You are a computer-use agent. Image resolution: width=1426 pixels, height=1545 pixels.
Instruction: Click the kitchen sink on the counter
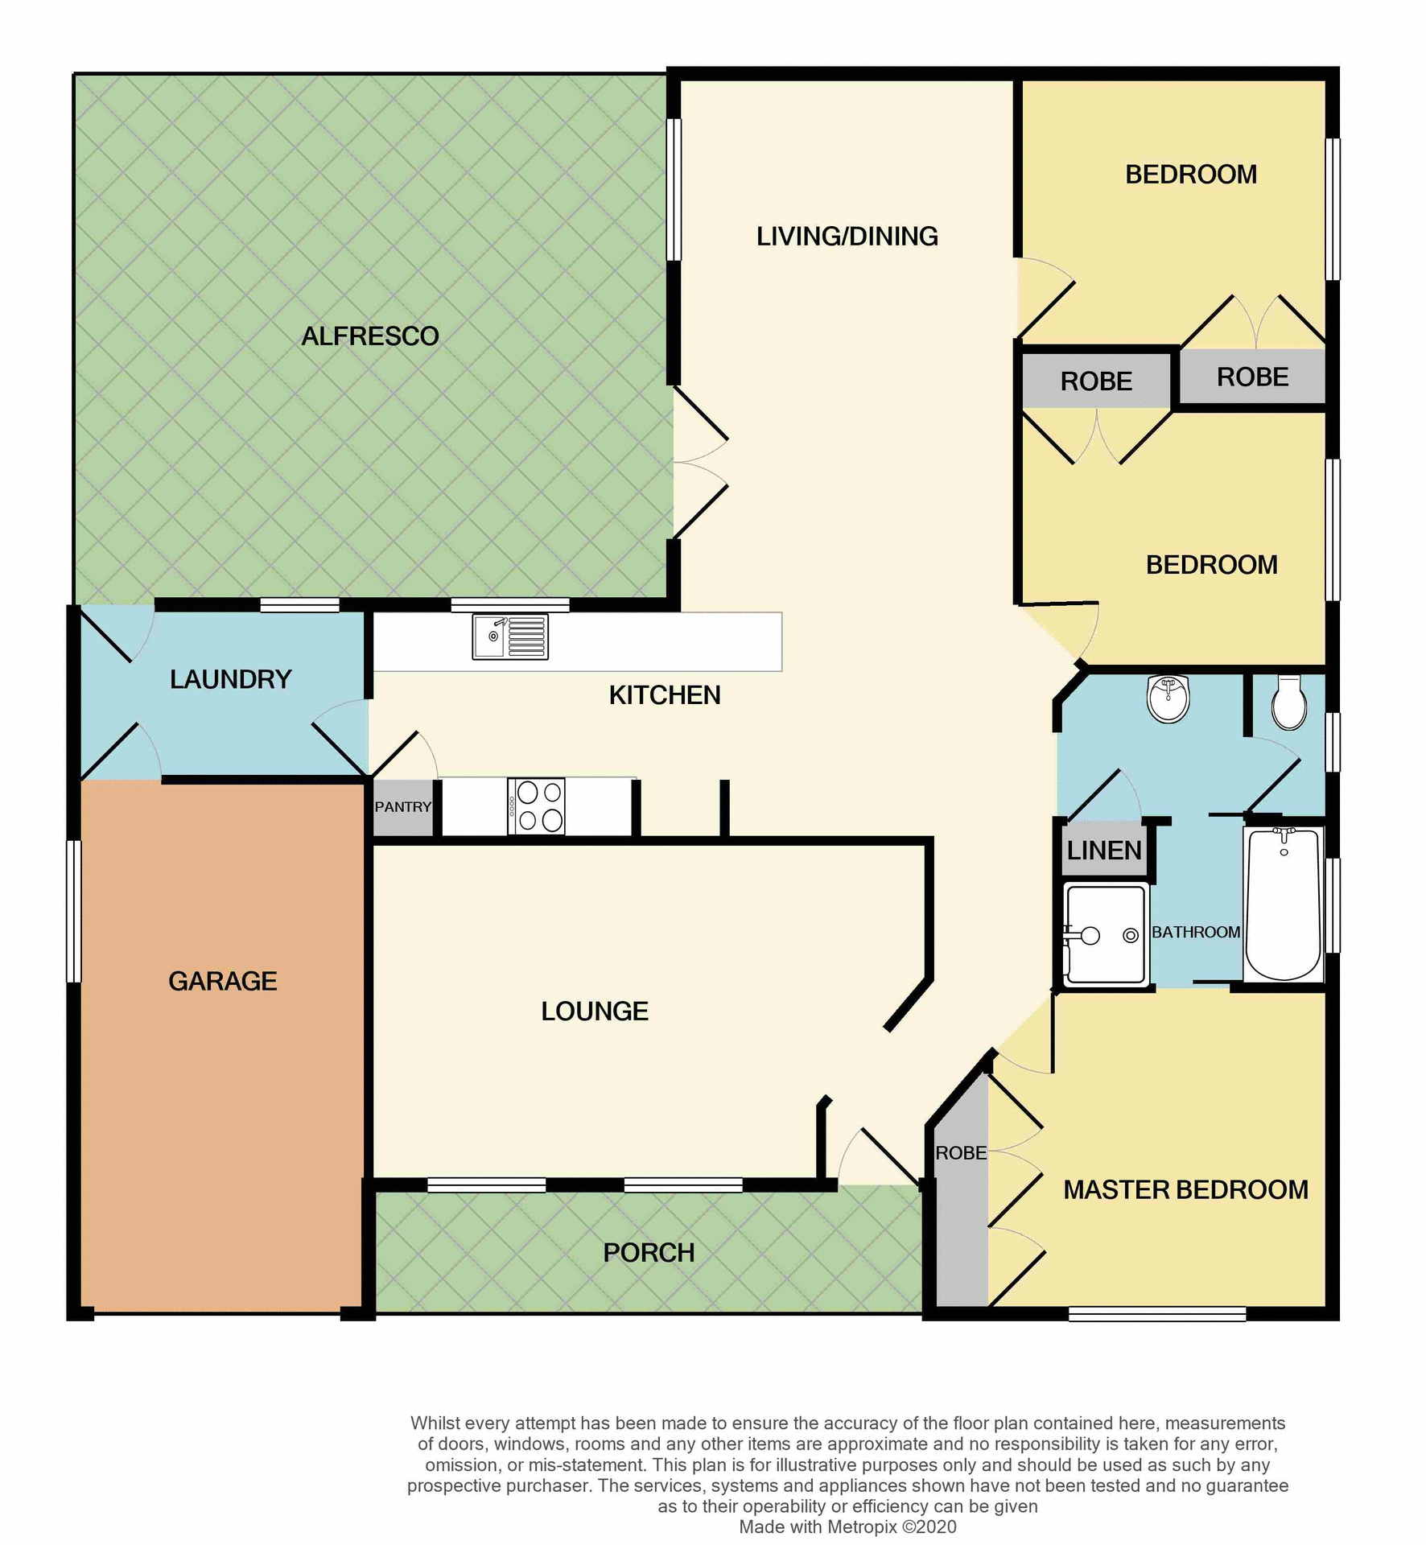click(510, 637)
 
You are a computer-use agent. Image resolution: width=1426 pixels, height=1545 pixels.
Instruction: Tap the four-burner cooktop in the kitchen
click(537, 806)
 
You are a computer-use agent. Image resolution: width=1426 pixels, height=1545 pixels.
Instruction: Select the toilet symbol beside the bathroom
click(1289, 702)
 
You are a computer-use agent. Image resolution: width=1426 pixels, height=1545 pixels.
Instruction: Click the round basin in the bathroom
click(1168, 698)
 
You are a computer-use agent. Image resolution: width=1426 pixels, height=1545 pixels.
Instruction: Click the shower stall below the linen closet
click(1106, 934)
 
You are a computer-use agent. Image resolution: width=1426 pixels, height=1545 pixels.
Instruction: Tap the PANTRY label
click(403, 807)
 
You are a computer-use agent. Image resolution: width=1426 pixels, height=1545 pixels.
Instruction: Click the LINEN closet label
click(1104, 851)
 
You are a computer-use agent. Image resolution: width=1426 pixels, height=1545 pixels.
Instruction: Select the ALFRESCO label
click(370, 336)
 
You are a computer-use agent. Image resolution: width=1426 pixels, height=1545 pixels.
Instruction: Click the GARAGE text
click(223, 981)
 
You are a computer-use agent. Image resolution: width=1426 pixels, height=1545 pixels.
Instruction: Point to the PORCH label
click(649, 1253)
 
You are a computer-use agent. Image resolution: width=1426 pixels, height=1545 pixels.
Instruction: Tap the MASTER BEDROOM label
click(1185, 1190)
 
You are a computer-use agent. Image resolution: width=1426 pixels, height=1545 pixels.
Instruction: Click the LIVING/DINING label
click(847, 237)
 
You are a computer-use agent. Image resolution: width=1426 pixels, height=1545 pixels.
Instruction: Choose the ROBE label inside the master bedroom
click(961, 1153)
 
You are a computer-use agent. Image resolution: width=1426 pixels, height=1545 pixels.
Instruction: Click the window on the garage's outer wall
click(74, 911)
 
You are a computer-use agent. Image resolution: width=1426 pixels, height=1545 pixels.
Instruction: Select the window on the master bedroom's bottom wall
click(1157, 1314)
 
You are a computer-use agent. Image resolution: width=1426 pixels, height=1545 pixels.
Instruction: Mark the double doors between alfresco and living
click(699, 463)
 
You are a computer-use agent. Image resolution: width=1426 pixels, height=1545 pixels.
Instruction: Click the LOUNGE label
click(595, 1011)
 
